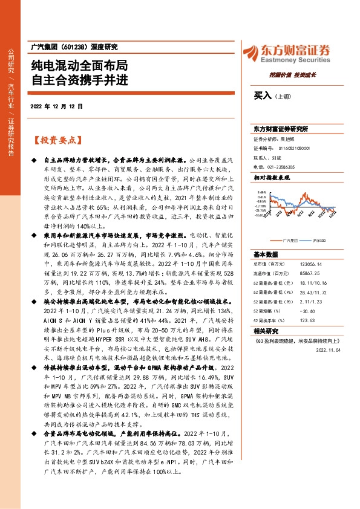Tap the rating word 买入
click(262, 96)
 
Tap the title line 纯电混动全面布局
click(79, 65)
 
